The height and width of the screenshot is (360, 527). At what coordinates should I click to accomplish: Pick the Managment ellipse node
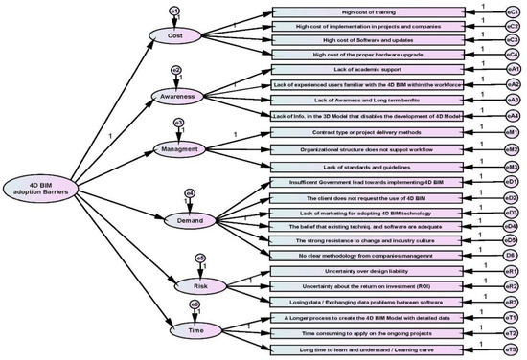click(180, 148)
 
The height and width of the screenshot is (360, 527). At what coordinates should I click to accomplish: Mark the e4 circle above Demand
click(190, 193)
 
